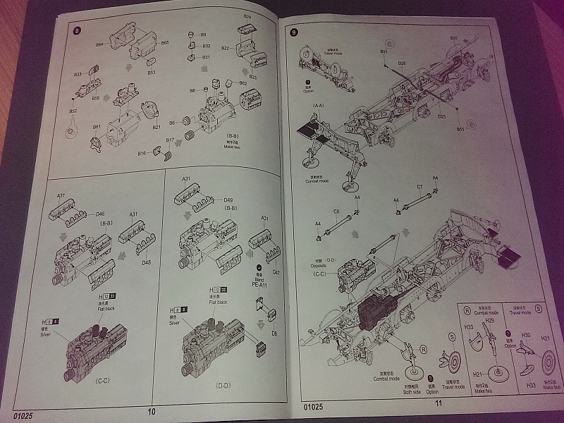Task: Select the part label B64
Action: [99, 44]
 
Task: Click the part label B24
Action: [247, 16]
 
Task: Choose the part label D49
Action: [228, 200]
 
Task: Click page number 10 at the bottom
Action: [151, 412]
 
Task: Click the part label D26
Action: [401, 63]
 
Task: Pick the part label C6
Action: [336, 211]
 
